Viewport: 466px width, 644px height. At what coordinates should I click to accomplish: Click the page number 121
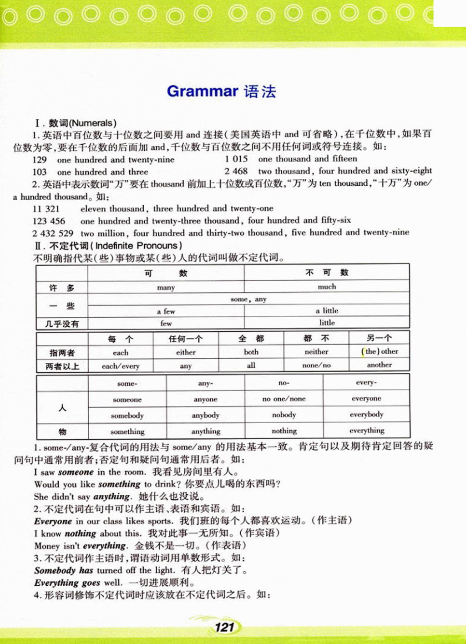click(224, 627)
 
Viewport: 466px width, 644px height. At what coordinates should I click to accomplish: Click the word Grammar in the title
click(203, 91)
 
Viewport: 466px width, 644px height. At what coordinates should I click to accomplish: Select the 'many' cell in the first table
click(166, 288)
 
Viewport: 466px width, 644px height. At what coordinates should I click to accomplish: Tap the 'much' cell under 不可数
click(327, 287)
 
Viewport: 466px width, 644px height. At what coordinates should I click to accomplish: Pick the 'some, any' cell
click(248, 299)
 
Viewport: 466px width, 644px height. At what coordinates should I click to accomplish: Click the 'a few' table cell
click(166, 311)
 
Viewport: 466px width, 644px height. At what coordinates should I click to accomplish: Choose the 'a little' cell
click(327, 310)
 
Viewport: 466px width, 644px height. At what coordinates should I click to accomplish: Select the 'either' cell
click(186, 352)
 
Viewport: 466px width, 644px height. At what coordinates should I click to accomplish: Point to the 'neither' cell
click(316, 352)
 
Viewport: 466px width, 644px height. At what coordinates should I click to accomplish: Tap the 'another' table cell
click(379, 365)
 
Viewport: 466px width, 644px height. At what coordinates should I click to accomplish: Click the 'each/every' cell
click(121, 366)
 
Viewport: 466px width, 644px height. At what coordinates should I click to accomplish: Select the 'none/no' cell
click(316, 365)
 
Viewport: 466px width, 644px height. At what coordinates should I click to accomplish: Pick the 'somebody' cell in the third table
click(127, 416)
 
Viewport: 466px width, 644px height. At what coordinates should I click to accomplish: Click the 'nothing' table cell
click(284, 431)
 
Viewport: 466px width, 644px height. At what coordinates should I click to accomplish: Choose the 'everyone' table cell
click(366, 399)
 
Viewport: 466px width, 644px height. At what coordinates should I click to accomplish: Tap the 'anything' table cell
click(206, 431)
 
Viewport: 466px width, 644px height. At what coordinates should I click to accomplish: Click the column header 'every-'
click(366, 382)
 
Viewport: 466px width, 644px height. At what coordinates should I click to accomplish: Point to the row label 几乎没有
click(62, 324)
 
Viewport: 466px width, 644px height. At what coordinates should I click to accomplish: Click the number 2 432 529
click(53, 233)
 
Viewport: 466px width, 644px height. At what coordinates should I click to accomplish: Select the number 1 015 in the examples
click(236, 159)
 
